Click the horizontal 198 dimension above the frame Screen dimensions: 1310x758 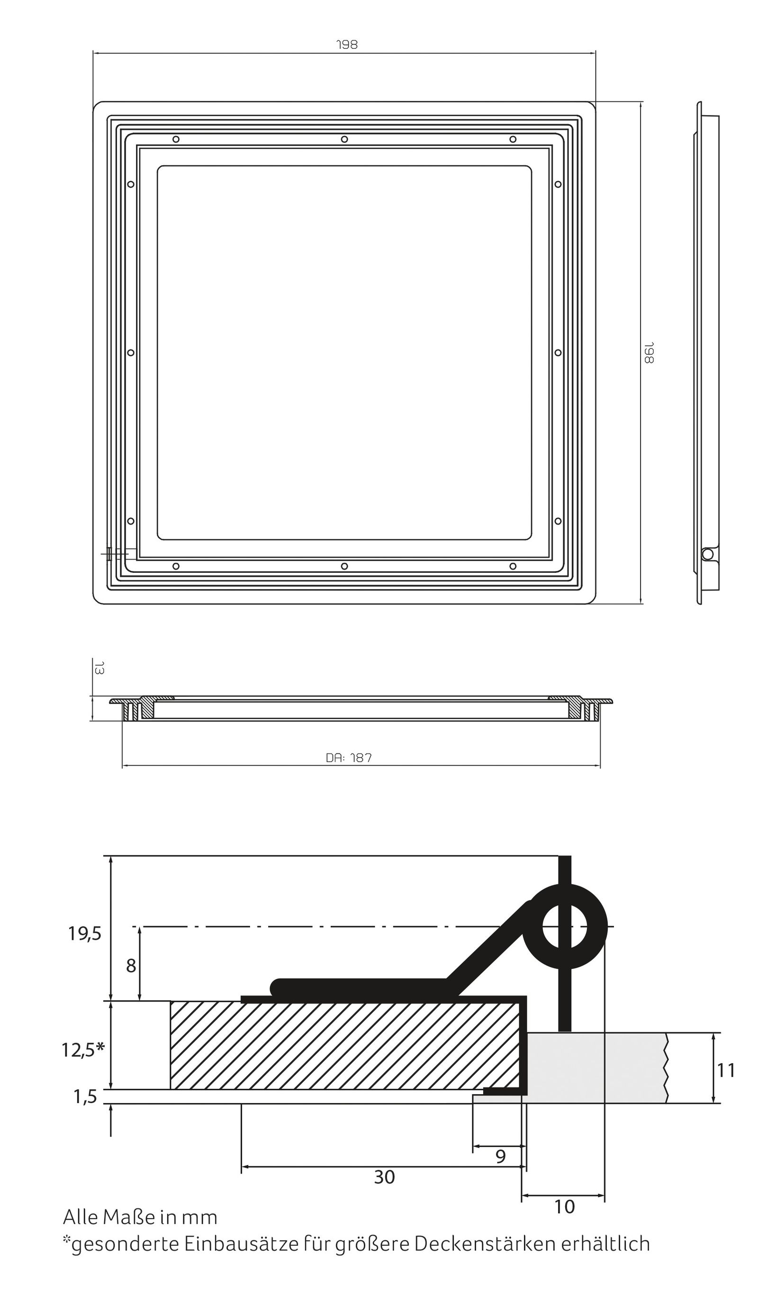347,45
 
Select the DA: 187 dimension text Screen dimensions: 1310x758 349,758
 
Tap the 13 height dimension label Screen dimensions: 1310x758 99,668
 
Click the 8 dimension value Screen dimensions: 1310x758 131,966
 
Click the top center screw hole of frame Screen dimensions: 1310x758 344,139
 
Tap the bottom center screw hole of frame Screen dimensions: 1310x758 344,566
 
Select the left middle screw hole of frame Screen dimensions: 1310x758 131,352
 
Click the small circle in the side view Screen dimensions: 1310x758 707,554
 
